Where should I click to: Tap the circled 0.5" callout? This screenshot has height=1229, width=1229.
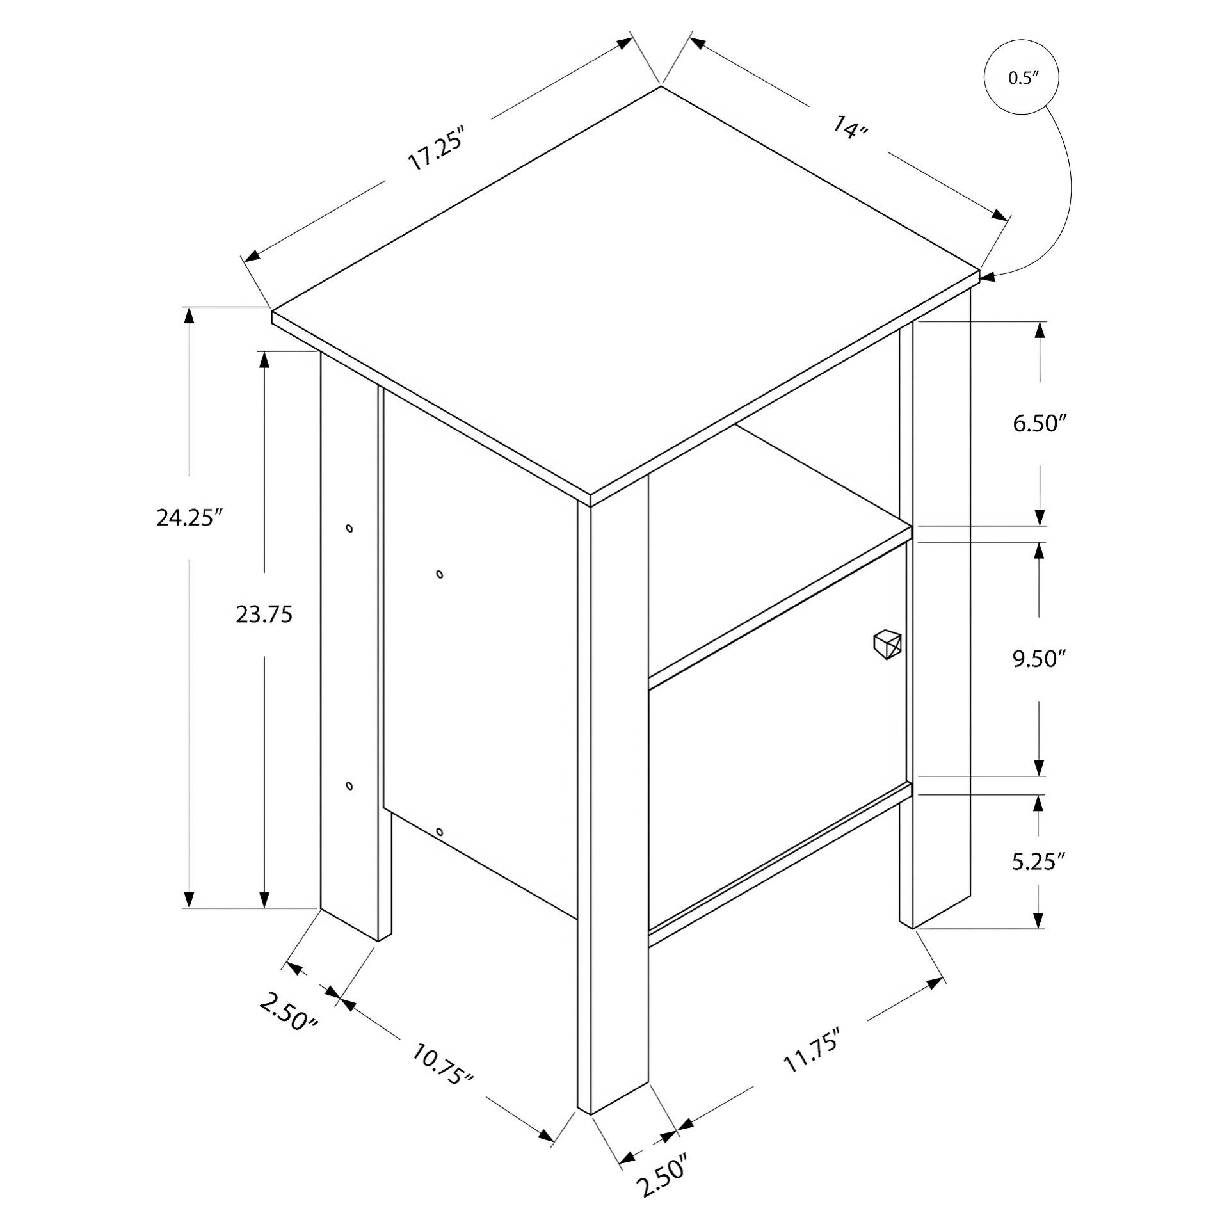point(1022,78)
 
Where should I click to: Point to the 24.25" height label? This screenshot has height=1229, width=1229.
point(189,517)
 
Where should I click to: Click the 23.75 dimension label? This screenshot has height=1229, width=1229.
point(264,614)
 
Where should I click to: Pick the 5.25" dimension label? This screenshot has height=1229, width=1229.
point(1038,861)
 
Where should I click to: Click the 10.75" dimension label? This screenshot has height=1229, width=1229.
point(442,1064)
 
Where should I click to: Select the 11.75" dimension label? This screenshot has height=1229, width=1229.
point(811,1054)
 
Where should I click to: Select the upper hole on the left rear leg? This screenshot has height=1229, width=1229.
point(349,528)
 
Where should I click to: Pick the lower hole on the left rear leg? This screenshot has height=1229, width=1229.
point(349,785)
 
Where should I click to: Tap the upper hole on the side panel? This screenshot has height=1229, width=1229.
point(440,574)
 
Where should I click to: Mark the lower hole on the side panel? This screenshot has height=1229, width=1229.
point(439,831)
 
